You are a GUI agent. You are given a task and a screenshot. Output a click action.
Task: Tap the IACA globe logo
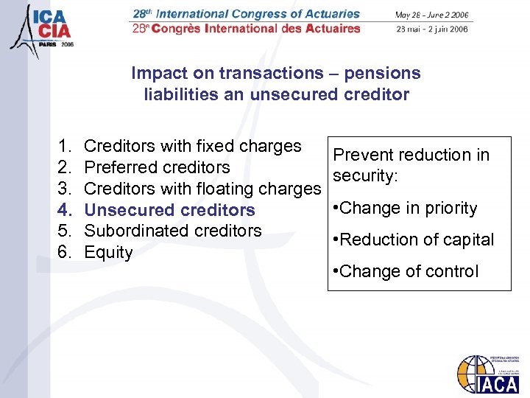click(x=487, y=374)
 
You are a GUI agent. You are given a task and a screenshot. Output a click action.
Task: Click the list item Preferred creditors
click(x=157, y=167)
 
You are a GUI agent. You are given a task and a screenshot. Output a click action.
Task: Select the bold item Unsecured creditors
click(x=169, y=210)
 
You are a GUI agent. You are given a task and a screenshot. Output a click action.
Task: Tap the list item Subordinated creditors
click(x=173, y=231)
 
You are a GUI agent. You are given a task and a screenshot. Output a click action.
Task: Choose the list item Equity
click(x=108, y=252)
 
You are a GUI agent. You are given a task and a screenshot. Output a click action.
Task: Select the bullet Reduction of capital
click(x=414, y=240)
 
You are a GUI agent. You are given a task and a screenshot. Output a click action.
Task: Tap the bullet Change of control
click(x=406, y=271)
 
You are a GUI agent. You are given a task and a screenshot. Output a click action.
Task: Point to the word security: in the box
click(x=365, y=176)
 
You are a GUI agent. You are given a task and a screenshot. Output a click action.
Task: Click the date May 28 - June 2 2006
click(x=431, y=15)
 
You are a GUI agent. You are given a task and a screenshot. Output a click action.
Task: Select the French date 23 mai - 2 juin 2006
click(x=431, y=29)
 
